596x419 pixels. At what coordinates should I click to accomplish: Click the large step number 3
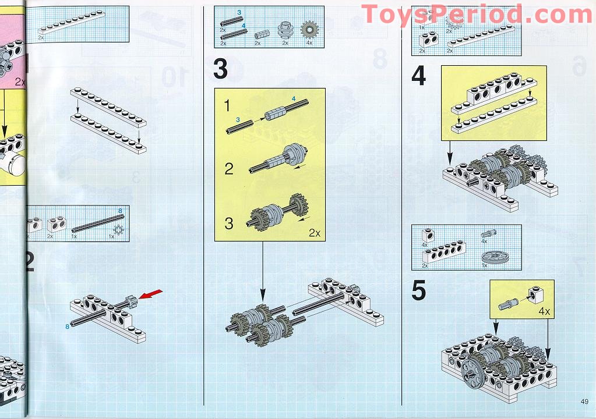click(x=220, y=69)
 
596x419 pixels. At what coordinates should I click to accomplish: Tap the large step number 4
click(x=419, y=76)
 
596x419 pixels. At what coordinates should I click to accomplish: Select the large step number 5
click(x=418, y=292)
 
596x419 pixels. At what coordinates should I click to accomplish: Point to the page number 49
click(x=584, y=400)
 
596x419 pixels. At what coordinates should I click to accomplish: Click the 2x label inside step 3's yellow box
click(x=315, y=233)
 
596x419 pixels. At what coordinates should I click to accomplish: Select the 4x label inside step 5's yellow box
click(x=544, y=311)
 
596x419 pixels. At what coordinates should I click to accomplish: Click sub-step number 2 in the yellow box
click(x=229, y=169)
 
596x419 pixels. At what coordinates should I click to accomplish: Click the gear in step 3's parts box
click(x=308, y=30)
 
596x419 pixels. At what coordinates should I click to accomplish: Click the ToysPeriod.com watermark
click(x=477, y=15)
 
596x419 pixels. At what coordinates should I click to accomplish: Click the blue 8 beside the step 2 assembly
click(x=67, y=327)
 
